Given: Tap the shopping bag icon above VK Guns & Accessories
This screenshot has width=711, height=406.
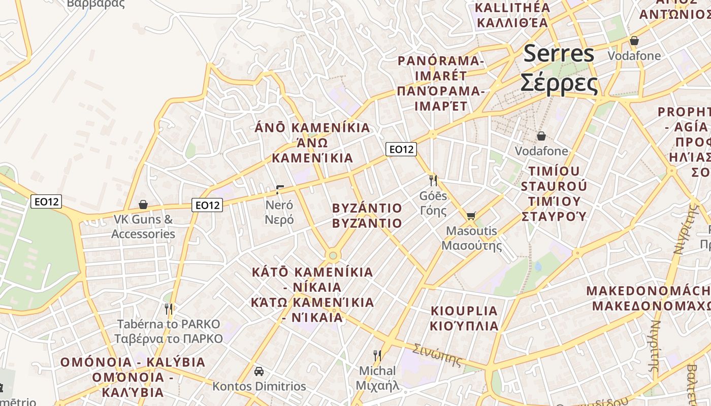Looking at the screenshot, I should [143, 205].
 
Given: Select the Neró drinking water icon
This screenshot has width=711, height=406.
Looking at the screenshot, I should [279, 190].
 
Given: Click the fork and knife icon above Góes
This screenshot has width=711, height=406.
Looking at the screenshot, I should [433, 180].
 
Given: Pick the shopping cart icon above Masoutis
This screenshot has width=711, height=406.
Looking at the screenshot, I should [471, 216].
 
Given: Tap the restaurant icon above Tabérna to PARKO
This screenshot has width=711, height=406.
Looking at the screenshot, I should [169, 309].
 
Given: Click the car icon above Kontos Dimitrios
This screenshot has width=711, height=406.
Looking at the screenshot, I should [259, 371].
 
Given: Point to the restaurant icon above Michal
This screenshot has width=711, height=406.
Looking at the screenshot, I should [377, 355].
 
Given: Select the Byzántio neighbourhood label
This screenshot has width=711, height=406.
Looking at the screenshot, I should [367, 216].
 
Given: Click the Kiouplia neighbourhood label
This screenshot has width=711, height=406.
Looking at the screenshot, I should [464, 318].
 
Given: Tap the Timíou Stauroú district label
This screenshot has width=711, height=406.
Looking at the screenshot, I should [554, 193].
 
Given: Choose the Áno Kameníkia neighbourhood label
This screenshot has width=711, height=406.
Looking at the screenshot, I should [312, 143].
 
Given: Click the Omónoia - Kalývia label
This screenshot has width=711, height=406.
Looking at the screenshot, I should [133, 377].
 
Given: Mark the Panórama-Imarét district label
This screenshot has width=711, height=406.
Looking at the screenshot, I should [440, 83].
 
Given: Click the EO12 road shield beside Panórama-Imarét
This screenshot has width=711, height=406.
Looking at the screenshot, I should [401, 149].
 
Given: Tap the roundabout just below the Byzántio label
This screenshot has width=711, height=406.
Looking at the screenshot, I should [333, 255].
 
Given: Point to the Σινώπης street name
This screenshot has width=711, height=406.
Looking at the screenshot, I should [437, 355].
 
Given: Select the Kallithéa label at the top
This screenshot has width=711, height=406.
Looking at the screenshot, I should [512, 15].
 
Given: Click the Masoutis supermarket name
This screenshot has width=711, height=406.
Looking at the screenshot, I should [471, 238].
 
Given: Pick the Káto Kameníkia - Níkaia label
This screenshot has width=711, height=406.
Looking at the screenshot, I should [312, 295].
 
